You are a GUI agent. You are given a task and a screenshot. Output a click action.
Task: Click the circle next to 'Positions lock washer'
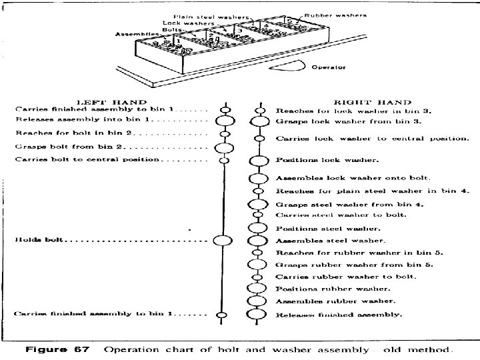pos(257,161)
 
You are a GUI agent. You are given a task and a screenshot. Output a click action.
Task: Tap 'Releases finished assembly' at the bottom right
pos(339,314)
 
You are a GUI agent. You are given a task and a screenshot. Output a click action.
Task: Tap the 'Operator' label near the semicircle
pos(329,67)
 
